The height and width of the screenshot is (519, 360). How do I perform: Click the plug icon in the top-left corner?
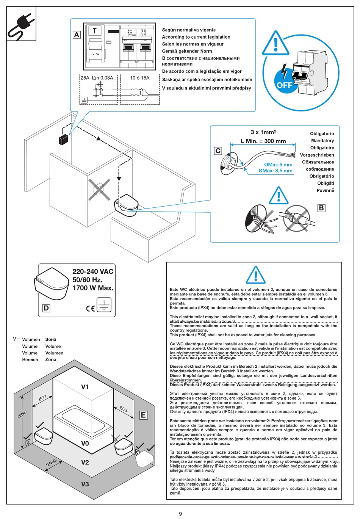(21, 24)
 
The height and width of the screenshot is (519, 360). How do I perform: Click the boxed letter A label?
(77, 35)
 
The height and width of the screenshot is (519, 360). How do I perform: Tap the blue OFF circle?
(284, 85)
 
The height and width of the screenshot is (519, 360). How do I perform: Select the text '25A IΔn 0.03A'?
(97, 78)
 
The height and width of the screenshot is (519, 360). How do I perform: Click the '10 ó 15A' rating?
(139, 78)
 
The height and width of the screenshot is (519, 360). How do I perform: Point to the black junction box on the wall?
(63, 140)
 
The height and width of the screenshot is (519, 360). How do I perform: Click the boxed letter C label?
(218, 151)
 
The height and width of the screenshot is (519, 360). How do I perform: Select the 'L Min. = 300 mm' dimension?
(263, 141)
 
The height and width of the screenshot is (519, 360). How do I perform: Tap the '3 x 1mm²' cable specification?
(263, 132)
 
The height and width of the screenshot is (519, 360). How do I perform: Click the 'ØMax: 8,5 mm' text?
(275, 171)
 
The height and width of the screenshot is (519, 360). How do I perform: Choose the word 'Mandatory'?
(322, 141)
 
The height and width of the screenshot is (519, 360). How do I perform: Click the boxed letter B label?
(321, 208)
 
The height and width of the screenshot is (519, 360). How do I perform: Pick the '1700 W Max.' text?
(93, 288)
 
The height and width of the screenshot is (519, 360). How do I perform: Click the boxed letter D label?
(46, 308)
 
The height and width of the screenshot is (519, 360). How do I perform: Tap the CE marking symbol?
(90, 308)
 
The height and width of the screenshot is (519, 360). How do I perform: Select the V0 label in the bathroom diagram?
(85, 443)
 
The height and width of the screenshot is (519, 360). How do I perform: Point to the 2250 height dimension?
(22, 415)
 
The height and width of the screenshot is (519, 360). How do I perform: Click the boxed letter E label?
(143, 415)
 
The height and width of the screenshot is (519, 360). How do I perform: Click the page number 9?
(180, 514)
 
